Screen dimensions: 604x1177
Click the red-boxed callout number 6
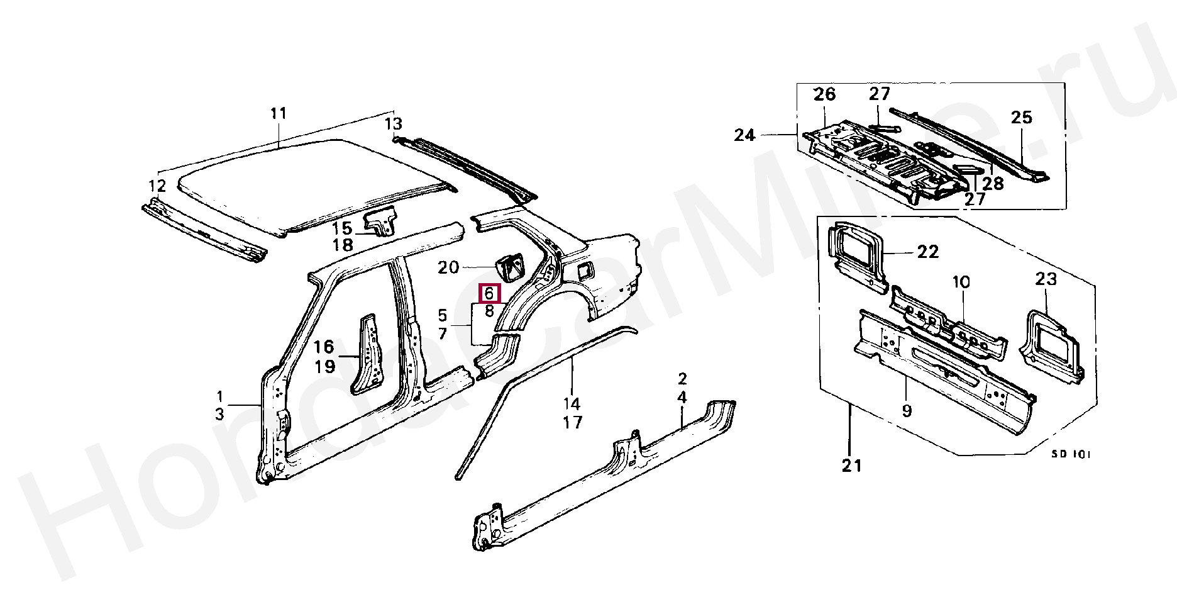[x=489, y=294]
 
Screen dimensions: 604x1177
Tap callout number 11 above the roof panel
[x=279, y=113]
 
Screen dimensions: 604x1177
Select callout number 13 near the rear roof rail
[x=394, y=124]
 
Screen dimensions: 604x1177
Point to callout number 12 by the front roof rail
[x=157, y=186]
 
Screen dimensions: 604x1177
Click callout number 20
[x=448, y=267]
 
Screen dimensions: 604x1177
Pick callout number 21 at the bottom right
[x=852, y=466]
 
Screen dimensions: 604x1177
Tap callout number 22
[x=928, y=252]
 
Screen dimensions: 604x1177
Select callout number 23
[x=1046, y=279]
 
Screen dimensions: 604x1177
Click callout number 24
[x=744, y=135]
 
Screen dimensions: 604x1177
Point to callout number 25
[x=1022, y=117]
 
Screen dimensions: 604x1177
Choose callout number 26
[x=824, y=94]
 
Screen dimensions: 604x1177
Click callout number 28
[x=993, y=184]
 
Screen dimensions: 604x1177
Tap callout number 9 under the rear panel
[x=907, y=411]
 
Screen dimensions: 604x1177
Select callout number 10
[x=961, y=282]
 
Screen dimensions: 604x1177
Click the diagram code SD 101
[x=1071, y=454]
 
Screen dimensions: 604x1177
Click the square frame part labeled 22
[x=856, y=255]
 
